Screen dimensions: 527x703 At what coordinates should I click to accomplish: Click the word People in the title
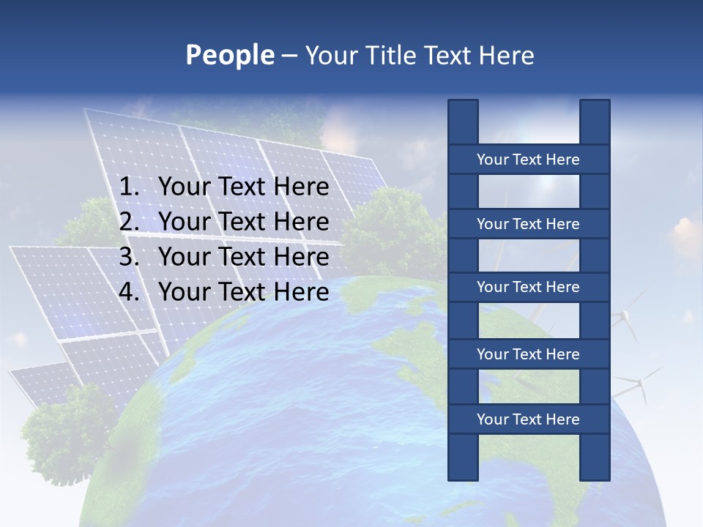229,55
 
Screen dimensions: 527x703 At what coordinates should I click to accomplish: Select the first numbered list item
243,187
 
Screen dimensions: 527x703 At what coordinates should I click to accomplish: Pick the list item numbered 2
243,222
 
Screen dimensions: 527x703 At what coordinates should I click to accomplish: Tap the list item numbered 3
243,257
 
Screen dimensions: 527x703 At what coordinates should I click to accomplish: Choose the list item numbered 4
243,292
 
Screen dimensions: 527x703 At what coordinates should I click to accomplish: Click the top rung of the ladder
528,160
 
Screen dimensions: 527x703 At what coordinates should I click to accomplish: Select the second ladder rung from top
528,224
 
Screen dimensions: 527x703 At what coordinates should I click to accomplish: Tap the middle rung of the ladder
528,287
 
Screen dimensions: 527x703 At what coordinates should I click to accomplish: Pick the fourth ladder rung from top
528,354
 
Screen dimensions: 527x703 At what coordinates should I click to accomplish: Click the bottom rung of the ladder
528,419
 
